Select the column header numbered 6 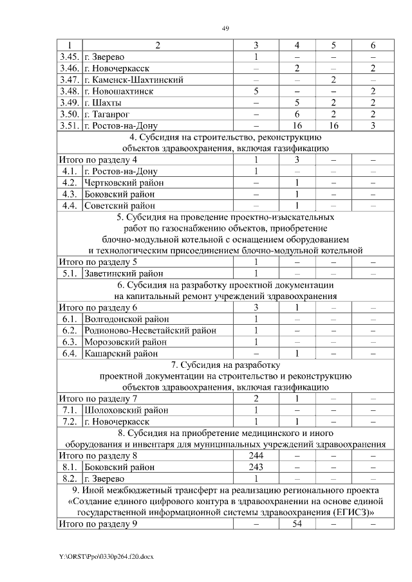click(373, 45)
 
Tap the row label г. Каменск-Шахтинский click(134, 80)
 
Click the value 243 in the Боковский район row click(256, 467)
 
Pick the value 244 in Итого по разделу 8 click(256, 455)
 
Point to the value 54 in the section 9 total click(297, 524)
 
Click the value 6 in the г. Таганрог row click(297, 114)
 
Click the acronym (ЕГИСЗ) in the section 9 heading click(350, 513)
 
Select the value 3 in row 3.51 click(373, 125)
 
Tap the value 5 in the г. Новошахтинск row click(256, 91)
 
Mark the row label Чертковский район click(124, 183)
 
